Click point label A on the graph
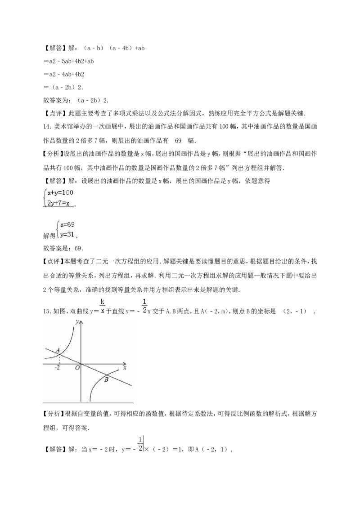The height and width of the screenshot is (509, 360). (58, 350)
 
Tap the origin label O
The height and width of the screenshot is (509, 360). (77, 368)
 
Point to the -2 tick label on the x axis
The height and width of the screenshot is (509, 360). (57, 368)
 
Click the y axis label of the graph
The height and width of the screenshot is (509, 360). (76, 322)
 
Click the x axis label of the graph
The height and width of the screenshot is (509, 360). (125, 367)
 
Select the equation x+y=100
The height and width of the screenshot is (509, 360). (60, 193)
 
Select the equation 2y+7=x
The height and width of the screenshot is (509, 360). (58, 204)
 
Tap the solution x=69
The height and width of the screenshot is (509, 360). (67, 225)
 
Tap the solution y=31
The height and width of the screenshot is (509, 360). (67, 234)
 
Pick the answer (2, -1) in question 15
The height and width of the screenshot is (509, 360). (295, 311)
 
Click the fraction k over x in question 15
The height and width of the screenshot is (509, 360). (102, 307)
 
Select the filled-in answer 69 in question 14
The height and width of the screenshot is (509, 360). (178, 141)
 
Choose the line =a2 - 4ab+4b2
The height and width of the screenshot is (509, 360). (64, 74)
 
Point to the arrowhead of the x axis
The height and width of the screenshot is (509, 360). (125, 364)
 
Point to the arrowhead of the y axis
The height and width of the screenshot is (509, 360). (81, 322)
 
